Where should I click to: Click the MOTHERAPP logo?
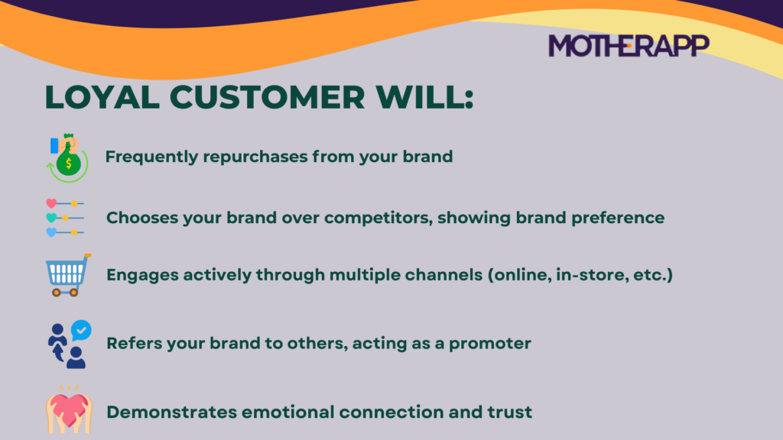click(629, 46)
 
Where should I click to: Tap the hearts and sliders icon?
click(65, 218)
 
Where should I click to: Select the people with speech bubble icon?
click(67, 344)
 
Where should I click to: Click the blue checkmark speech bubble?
click(80, 330)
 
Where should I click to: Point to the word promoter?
click(489, 344)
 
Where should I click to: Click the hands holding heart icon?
click(68, 410)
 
